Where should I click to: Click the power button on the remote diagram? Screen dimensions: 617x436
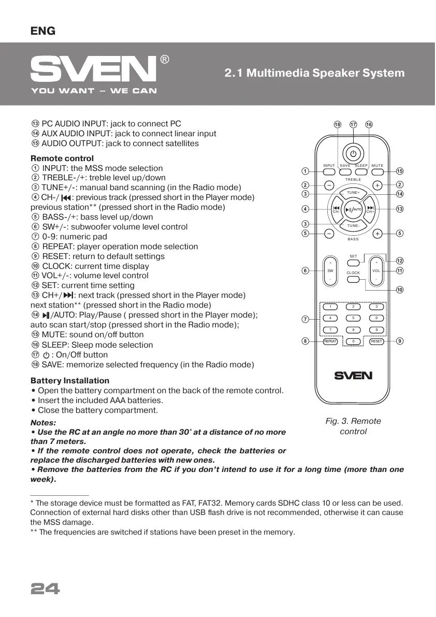click(x=353, y=153)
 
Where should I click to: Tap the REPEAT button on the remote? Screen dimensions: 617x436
click(x=330, y=341)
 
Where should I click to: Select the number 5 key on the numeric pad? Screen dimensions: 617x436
click(x=353, y=318)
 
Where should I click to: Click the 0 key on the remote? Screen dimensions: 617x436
click(x=353, y=341)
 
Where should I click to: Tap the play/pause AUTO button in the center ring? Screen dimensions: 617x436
click(x=353, y=209)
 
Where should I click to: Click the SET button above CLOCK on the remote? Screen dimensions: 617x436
click(x=353, y=262)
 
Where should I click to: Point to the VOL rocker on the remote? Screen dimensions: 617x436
click(x=376, y=270)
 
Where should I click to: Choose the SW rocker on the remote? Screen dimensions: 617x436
click(x=330, y=270)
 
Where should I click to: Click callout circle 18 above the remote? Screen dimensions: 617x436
click(x=338, y=124)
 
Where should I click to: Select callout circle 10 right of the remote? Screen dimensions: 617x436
click(x=399, y=290)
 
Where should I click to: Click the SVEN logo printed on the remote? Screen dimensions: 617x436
click(x=353, y=375)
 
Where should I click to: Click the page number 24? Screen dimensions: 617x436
click(x=46, y=589)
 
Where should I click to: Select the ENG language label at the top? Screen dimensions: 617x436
click(x=43, y=31)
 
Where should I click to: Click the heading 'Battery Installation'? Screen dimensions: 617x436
click(x=70, y=380)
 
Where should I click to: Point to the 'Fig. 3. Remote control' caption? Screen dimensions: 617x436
click(x=353, y=426)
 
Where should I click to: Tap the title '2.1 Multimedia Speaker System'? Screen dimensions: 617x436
click(x=314, y=73)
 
